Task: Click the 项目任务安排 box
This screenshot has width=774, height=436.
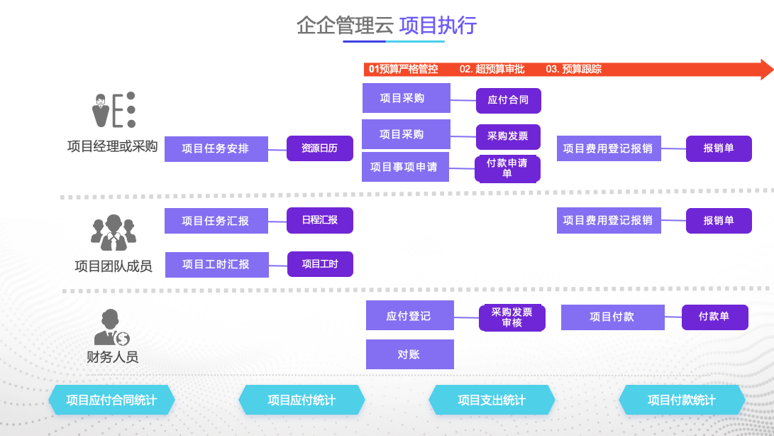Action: (216, 149)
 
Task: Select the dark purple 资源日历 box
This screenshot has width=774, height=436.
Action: (319, 148)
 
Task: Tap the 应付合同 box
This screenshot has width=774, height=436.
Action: (508, 100)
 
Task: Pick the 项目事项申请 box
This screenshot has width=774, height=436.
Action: (404, 168)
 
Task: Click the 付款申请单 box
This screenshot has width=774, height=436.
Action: (507, 168)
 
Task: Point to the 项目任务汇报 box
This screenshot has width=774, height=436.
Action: (216, 221)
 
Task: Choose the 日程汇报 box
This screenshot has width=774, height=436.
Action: (319, 220)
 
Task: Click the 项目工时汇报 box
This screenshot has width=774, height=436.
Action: (216, 264)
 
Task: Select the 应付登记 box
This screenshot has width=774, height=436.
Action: (409, 316)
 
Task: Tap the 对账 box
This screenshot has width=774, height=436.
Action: (409, 354)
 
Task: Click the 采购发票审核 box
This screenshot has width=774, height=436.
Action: (512, 317)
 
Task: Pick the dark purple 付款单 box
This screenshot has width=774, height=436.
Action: (714, 317)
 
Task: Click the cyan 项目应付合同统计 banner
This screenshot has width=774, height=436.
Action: (111, 400)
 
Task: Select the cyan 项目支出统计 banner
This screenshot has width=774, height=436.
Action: (492, 400)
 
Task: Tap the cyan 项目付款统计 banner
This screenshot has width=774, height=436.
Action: (682, 400)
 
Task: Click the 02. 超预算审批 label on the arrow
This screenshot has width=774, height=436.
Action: (492, 69)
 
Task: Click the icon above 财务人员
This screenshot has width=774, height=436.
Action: (111, 327)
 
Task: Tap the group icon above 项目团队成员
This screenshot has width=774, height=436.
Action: (113, 231)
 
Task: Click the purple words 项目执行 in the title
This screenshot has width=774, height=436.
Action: (438, 26)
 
